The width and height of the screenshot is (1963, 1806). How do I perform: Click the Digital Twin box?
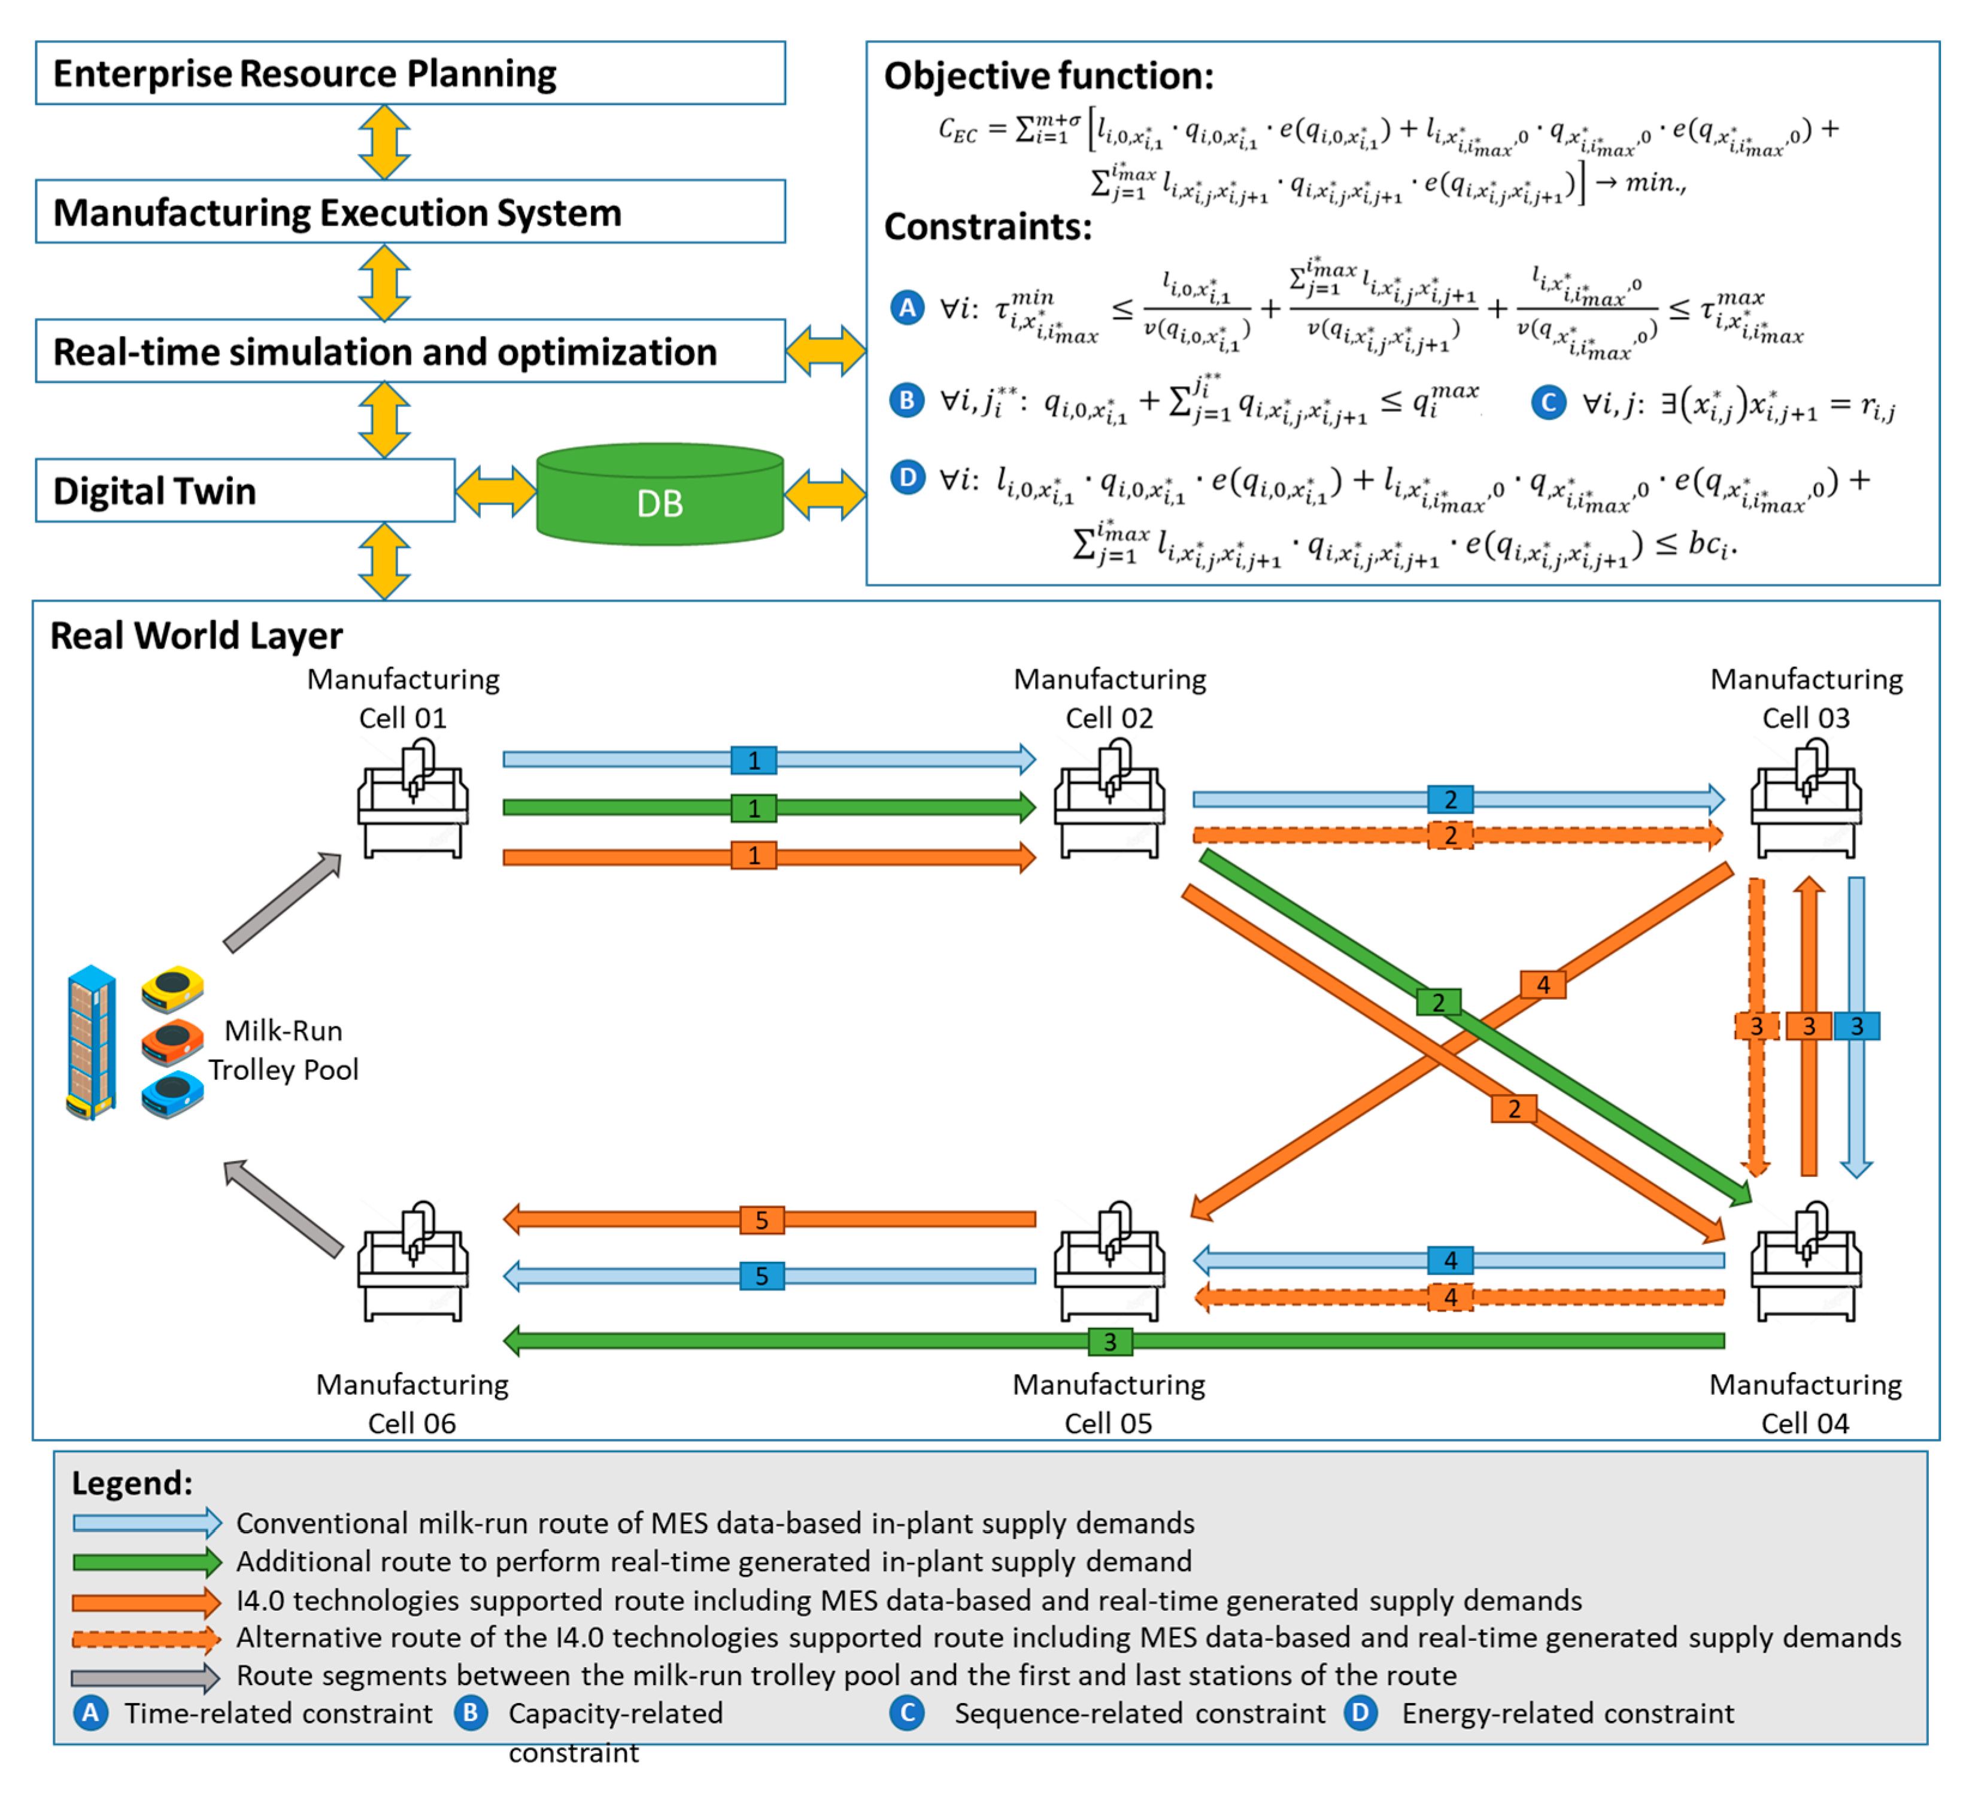[244, 491]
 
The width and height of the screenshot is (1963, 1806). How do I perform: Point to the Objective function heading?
[1048, 76]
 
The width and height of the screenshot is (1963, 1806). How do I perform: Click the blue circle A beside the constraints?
[907, 308]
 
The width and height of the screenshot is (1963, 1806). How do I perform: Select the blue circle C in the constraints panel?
[1548, 403]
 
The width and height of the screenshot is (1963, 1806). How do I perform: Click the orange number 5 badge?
[761, 1219]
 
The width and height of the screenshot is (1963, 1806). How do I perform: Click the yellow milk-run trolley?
[172, 989]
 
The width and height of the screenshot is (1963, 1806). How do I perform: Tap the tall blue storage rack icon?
[91, 1042]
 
